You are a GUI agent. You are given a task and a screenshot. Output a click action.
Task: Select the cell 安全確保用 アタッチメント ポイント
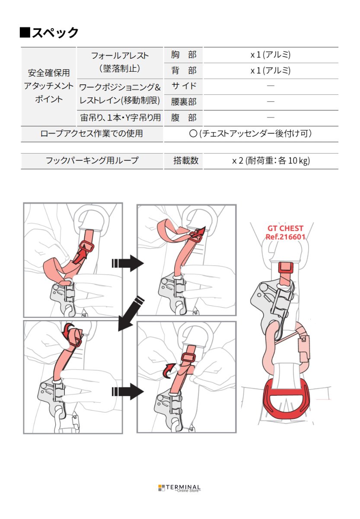point(48,86)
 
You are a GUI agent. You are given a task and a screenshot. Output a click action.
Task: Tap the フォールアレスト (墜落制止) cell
point(120,62)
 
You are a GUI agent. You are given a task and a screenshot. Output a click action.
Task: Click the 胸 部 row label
point(183,55)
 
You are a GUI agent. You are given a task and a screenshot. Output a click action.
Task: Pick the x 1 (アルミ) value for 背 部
point(271,70)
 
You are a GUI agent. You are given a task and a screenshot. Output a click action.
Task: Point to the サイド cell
point(183,86)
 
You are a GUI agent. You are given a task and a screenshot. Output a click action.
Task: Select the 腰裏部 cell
point(183,102)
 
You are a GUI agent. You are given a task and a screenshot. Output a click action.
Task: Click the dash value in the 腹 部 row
point(271,117)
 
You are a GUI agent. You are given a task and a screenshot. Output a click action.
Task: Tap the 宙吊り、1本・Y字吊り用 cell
point(120,117)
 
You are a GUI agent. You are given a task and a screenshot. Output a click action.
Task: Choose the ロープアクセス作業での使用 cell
point(92,134)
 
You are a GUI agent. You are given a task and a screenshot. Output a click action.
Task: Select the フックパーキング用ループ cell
point(92,160)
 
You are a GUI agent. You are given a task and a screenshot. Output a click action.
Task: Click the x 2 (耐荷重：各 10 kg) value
point(271,160)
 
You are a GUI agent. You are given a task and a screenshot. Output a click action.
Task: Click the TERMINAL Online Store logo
point(180,488)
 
